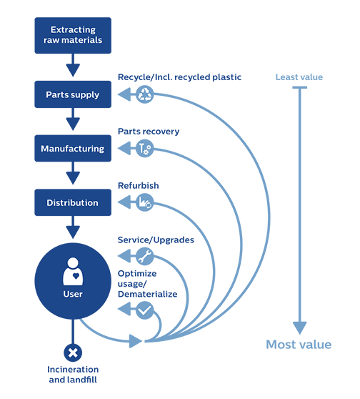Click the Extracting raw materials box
73,35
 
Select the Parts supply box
73,94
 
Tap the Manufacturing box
73,148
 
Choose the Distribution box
73,202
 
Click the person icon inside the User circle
73,271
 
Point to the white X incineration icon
73,353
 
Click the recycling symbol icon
145,94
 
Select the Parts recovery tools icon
145,148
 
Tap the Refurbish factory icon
145,202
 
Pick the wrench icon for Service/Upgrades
145,256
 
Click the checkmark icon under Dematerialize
145,310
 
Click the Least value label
299,77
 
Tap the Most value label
299,345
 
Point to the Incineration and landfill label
73,374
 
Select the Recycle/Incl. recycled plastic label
179,77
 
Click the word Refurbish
139,185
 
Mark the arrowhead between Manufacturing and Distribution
73,178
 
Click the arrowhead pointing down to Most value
300,328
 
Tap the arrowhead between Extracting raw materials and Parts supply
73,70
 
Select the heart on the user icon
76,276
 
